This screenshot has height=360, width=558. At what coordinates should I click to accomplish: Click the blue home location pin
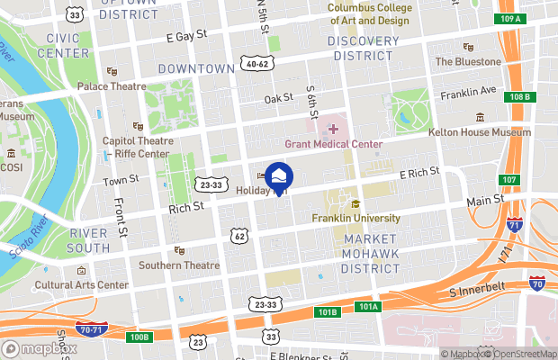[x=279, y=177]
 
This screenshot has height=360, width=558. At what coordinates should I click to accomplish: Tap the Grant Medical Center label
[x=334, y=144]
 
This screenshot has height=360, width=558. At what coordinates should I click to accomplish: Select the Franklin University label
[x=355, y=218]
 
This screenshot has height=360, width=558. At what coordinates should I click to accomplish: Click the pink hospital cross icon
[x=333, y=130]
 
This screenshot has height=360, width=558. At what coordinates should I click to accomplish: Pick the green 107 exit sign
[x=509, y=180]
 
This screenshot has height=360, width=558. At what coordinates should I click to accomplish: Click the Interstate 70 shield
[x=536, y=284]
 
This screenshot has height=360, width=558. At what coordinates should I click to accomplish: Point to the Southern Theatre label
[x=179, y=265]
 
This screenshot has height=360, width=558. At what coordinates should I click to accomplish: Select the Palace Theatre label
[x=111, y=86]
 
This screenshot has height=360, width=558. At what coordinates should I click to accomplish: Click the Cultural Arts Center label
[x=82, y=285]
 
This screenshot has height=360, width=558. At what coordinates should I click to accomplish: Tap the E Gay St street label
[x=187, y=35]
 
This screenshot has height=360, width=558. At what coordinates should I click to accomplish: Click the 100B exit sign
[x=139, y=337]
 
